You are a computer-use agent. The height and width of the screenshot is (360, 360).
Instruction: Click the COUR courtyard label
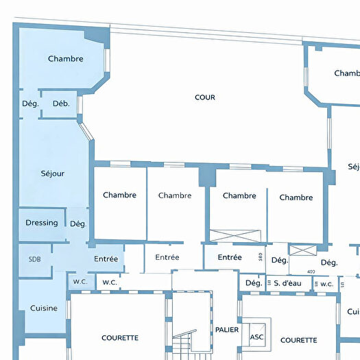coord(204,97)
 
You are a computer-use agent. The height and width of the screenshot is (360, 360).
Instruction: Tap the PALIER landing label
coord(226,330)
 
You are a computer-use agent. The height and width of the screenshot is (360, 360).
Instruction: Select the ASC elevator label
coord(256,337)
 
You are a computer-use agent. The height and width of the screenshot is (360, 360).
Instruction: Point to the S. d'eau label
coord(288,283)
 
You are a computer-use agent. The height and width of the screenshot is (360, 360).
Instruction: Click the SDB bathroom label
coord(34,260)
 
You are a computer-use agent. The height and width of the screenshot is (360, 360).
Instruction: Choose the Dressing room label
coord(42,223)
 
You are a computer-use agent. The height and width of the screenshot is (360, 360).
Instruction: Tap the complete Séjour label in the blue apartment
coord(52,173)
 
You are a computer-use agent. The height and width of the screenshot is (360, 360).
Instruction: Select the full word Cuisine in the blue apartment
coord(44,309)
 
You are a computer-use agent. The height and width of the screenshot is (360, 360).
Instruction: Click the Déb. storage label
coord(61,104)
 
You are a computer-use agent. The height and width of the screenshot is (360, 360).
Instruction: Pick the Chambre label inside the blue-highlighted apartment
coord(66,59)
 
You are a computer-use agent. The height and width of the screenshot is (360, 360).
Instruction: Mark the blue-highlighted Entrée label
coord(106,259)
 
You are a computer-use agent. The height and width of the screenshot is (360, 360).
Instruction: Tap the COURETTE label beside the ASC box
coord(298,340)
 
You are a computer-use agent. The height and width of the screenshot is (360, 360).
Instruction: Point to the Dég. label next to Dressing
coord(77,224)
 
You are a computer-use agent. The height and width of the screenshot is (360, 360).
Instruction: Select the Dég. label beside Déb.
coord(30,104)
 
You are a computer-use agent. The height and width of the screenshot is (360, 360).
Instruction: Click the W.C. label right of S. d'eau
coord(326,284)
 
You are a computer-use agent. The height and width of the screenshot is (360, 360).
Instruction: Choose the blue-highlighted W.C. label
coord(79,281)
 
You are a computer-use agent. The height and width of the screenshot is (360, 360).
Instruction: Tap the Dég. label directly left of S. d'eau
coord(254,283)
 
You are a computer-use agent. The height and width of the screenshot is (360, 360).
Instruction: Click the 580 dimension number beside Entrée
coord(260,258)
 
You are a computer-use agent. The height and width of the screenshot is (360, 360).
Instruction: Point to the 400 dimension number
coord(311,272)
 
